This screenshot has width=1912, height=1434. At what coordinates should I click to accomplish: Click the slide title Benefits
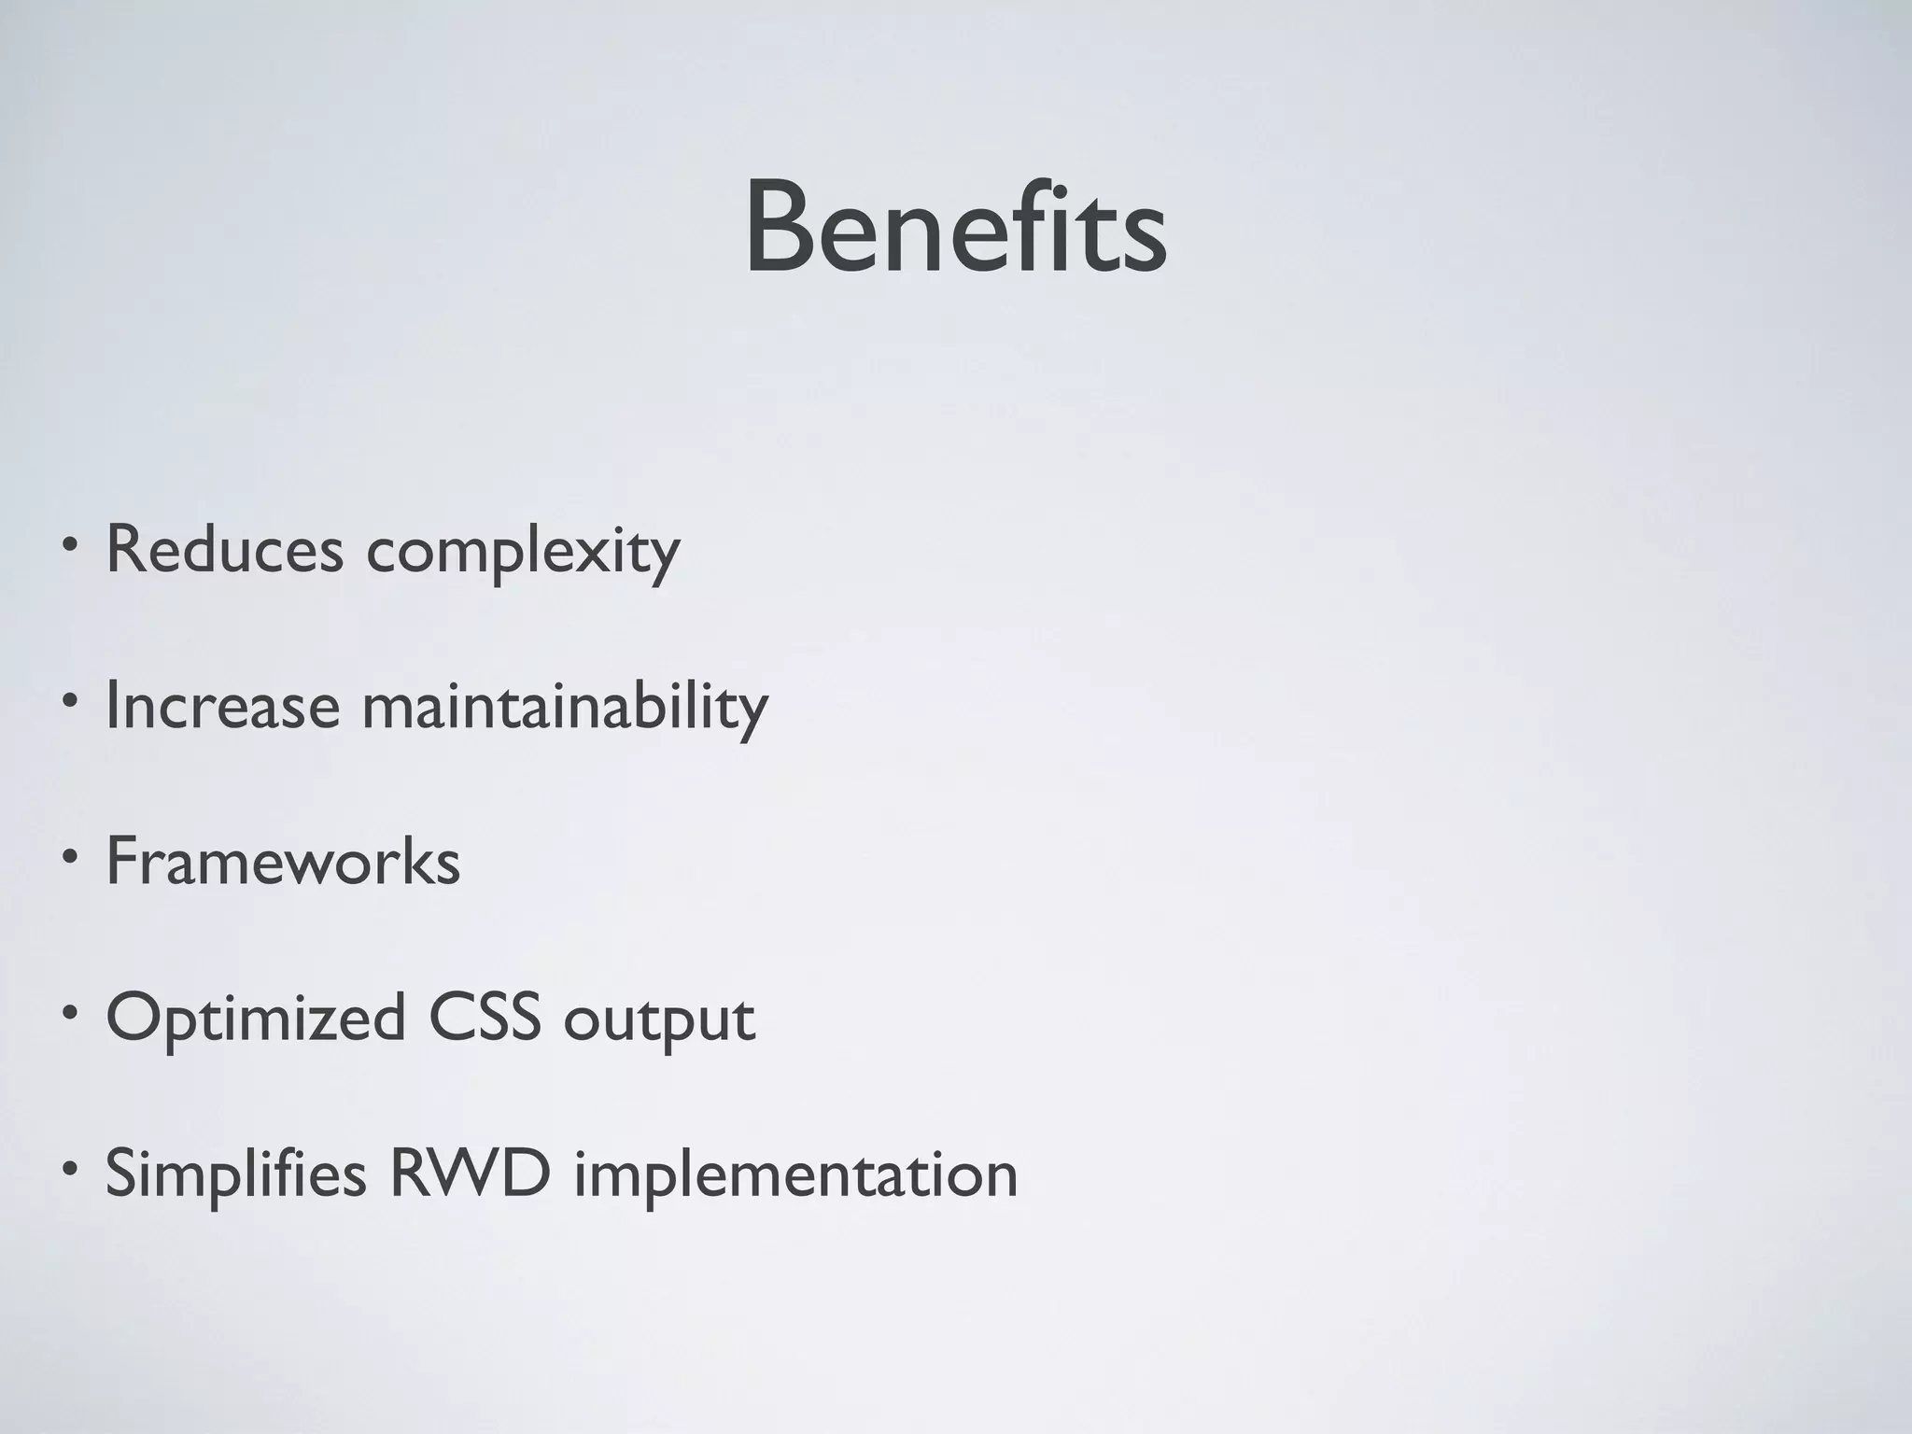(x=955, y=229)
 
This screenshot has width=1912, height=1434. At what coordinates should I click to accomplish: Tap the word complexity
(x=523, y=553)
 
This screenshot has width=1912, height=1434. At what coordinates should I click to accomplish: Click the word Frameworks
(x=283, y=861)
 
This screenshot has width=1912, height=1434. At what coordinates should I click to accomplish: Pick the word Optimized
(x=255, y=1019)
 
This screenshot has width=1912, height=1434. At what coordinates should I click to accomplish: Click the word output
(x=659, y=1020)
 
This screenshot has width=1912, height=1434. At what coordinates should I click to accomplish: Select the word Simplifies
(x=235, y=1174)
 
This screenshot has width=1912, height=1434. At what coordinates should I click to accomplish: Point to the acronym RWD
(x=470, y=1174)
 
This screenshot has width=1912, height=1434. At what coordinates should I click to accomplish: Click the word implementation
(x=795, y=1176)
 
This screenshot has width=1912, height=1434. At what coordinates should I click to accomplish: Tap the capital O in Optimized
(x=134, y=1017)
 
